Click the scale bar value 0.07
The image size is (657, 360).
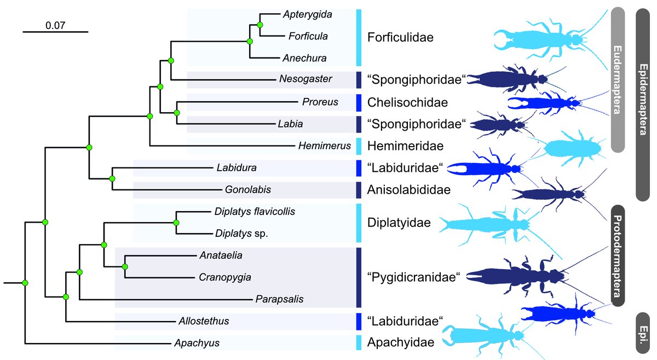(55, 25)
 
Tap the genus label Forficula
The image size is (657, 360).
(308, 36)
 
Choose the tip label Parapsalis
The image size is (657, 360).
(279, 299)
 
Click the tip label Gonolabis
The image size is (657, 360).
(249, 190)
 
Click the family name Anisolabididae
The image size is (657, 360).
(409, 190)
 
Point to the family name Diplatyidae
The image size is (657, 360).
(399, 223)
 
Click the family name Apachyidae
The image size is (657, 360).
(401, 343)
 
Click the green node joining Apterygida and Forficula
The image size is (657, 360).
(260, 25)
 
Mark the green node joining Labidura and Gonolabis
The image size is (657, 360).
(112, 179)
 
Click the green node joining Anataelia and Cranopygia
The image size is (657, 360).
(125, 266)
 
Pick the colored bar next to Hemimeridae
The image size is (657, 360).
(359, 146)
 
